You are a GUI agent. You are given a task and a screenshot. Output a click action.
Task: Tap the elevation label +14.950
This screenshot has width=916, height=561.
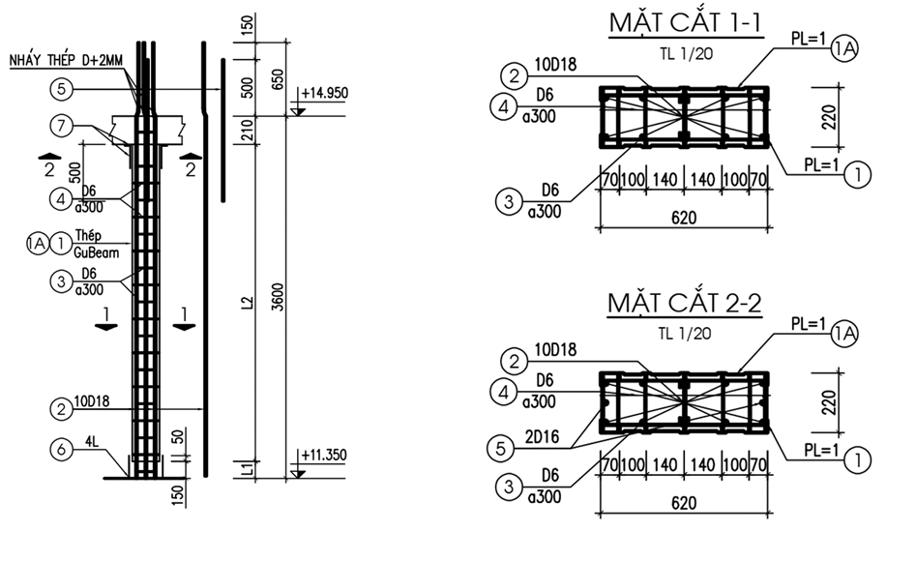pyautogui.click(x=324, y=94)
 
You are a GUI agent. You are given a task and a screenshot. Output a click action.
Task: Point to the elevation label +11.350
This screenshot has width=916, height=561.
pyautogui.click(x=324, y=454)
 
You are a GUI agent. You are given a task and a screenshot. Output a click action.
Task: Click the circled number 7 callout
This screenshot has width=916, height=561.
pyautogui.click(x=62, y=125)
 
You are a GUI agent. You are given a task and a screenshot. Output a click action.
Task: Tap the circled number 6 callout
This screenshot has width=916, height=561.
pyautogui.click(x=62, y=448)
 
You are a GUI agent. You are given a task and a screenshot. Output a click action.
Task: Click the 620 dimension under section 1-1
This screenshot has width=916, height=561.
pyautogui.click(x=683, y=218)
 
